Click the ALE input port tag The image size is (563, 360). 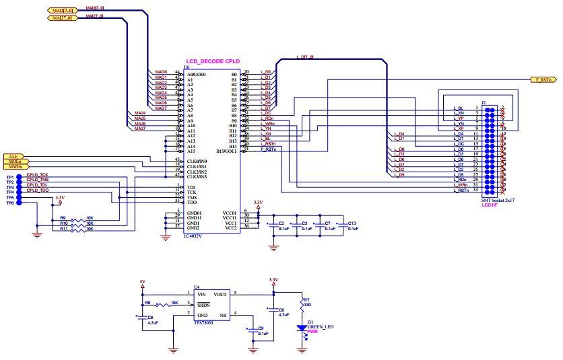14,156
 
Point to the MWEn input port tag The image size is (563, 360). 14,167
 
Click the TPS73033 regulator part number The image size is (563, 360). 204,323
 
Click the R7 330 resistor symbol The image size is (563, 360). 300,305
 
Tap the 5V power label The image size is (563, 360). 142,282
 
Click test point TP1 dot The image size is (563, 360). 18,176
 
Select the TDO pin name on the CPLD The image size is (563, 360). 191,201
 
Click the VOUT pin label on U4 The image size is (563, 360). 220,294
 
